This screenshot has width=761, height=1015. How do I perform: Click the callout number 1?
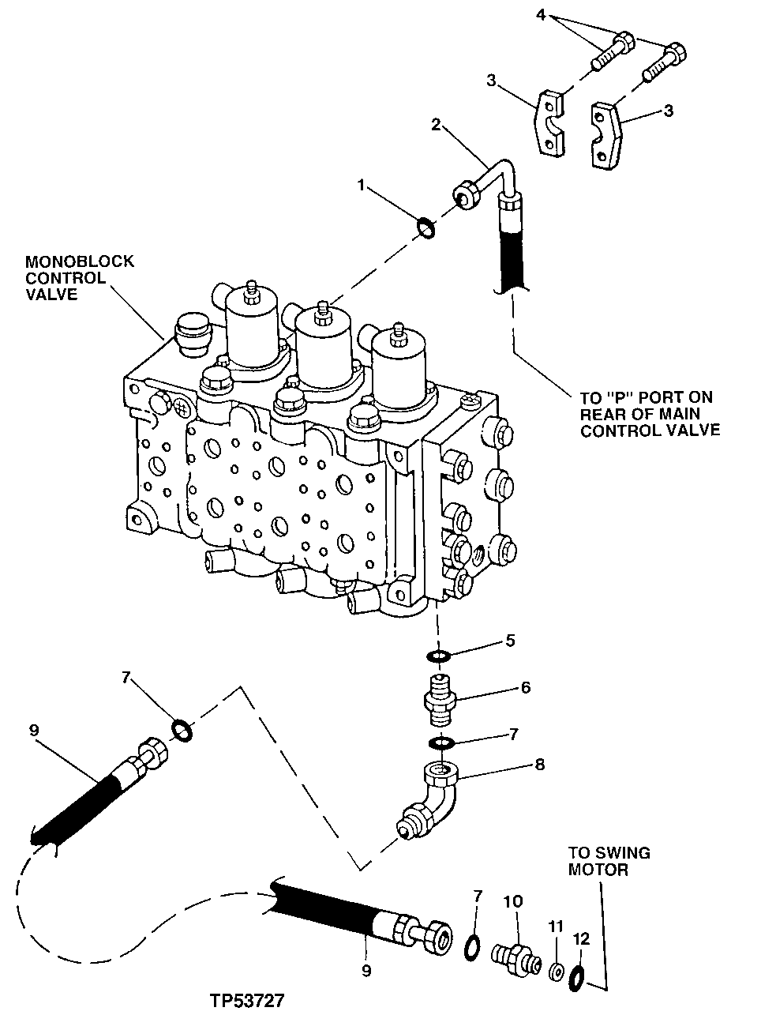pos(361,185)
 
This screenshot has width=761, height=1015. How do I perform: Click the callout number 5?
pos(510,640)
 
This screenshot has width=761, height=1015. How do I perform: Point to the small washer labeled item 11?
pos(557,971)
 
